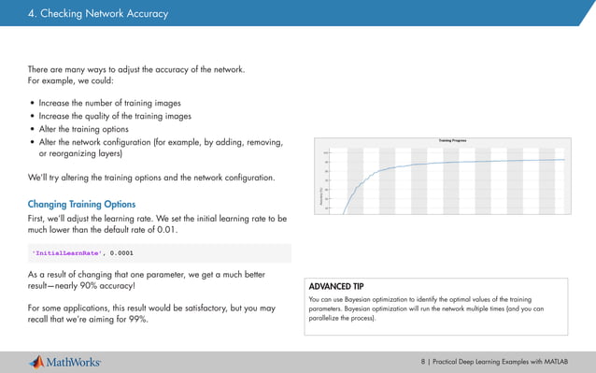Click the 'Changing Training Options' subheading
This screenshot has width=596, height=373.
81,203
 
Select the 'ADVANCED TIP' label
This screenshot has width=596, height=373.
335,285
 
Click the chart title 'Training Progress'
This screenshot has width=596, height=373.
452,139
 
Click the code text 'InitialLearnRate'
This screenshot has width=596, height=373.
67,252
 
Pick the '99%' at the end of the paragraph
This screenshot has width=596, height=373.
144,321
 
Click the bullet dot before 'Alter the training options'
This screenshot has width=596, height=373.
33,130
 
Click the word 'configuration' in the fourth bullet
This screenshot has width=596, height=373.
131,142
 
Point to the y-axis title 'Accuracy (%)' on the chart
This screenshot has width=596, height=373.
321,196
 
